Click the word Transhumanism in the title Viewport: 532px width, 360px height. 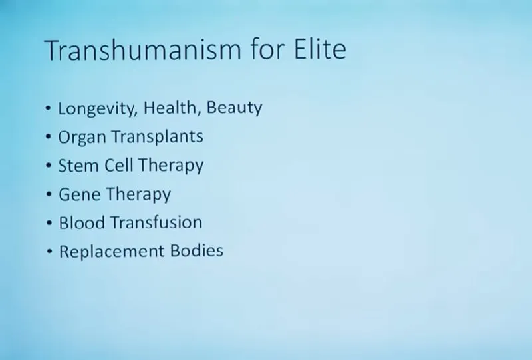[x=142, y=50]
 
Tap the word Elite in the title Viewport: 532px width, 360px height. [x=320, y=49]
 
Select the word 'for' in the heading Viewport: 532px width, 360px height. [x=268, y=49]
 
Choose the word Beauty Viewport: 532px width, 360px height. [x=234, y=108]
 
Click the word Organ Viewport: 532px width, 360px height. [x=82, y=138]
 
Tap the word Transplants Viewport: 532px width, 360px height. [x=158, y=137]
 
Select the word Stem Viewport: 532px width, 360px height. [x=78, y=166]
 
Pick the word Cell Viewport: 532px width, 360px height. [x=118, y=166]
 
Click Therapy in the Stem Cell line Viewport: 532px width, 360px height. [x=171, y=166]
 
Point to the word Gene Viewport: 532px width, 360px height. [x=79, y=194]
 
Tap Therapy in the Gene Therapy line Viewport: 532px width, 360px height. [x=138, y=195]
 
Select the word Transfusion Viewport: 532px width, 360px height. [x=156, y=223]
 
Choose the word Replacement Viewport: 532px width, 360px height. [x=112, y=252]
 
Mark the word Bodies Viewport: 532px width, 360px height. [x=197, y=251]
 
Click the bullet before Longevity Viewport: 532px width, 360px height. [x=48, y=108]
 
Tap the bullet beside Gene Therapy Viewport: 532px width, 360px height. [x=49, y=194]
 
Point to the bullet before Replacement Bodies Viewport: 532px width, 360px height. [x=49, y=252]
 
